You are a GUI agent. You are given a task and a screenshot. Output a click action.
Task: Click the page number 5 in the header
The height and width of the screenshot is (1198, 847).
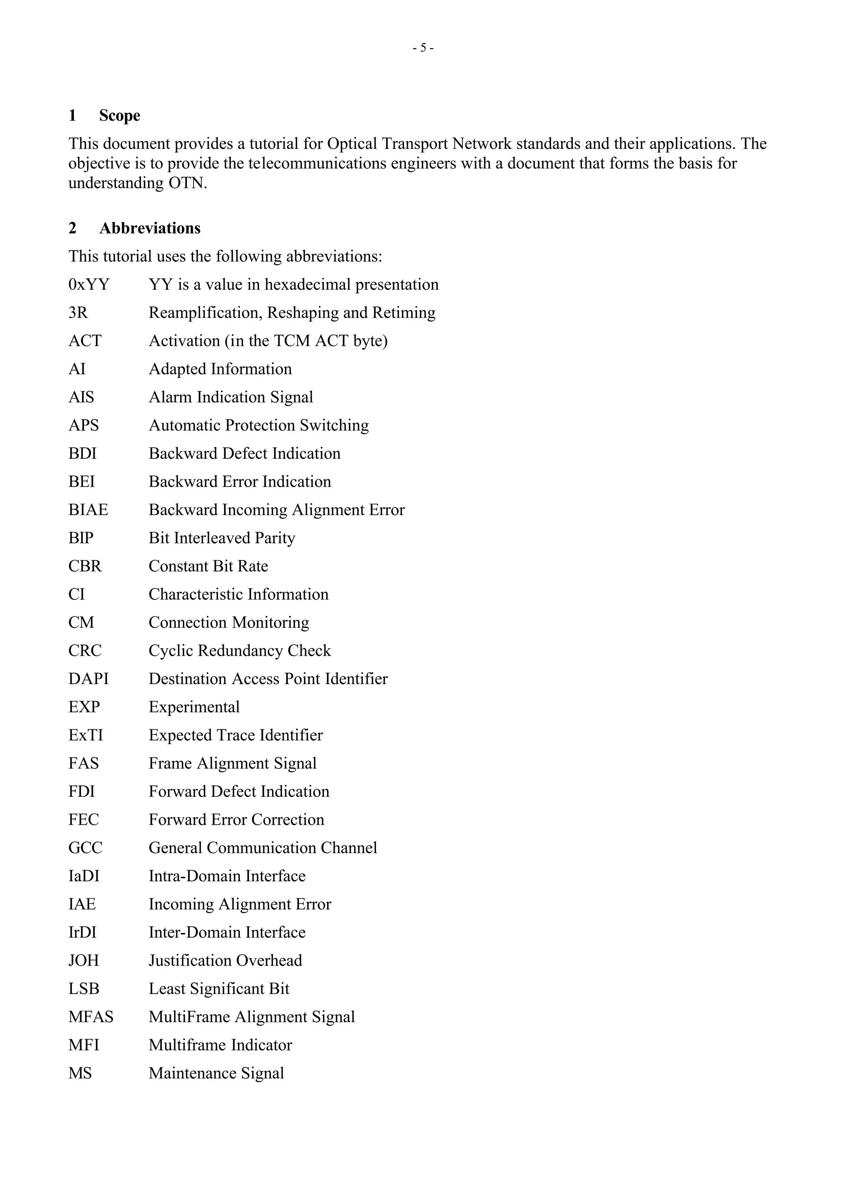point(423,48)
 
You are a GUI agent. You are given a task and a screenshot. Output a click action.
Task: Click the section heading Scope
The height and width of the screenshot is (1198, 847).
point(120,115)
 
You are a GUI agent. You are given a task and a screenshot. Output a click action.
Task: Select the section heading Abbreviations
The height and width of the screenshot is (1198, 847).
point(150,228)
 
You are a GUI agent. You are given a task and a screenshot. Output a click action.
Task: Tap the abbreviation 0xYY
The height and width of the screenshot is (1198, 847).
point(89,285)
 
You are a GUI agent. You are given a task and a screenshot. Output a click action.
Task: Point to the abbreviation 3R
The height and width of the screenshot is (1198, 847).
point(78,313)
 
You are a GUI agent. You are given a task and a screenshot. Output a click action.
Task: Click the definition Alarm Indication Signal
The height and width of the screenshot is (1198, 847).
point(231,398)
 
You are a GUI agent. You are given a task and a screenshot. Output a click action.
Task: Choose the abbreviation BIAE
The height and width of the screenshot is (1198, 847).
point(88,510)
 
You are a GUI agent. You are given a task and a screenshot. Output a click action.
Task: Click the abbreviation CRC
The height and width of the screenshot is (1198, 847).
point(85,651)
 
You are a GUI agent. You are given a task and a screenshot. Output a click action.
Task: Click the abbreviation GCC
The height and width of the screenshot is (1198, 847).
point(86,848)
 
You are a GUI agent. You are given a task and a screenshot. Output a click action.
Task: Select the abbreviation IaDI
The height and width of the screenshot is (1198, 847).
point(84,876)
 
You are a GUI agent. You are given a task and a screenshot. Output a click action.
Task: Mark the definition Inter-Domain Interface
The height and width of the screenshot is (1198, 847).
point(227,933)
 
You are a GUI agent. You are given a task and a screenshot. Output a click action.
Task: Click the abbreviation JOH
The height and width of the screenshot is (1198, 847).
point(84,961)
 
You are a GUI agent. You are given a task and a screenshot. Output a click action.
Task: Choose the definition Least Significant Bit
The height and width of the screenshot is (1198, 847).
point(219,989)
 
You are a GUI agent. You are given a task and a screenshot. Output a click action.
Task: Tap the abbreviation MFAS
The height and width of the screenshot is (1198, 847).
point(91,1017)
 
